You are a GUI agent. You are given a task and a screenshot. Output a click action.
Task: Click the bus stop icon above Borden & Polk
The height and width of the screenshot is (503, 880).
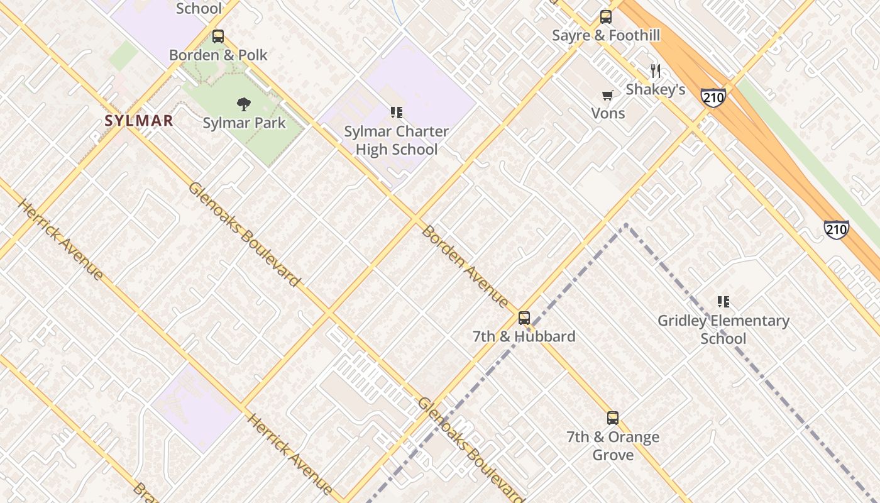(x=218, y=36)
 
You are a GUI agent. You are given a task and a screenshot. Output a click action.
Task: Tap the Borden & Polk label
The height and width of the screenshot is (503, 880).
(x=218, y=55)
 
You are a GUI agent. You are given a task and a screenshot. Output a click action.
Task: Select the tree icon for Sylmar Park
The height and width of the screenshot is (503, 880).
(x=244, y=104)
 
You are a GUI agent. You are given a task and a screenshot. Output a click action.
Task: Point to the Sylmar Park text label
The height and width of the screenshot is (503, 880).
(x=244, y=123)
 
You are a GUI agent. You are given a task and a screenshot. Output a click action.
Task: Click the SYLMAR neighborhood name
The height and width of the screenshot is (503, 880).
(x=139, y=121)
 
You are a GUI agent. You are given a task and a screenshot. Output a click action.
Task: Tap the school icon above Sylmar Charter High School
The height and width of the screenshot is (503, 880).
(x=396, y=113)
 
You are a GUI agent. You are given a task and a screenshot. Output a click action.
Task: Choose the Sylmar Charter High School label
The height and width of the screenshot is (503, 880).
(x=396, y=140)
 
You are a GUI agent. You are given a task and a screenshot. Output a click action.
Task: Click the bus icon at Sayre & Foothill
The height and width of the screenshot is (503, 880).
(x=606, y=17)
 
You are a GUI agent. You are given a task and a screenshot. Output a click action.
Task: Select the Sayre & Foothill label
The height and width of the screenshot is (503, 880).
(x=606, y=35)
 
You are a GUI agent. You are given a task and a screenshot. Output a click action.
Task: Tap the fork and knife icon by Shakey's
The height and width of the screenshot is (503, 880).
(x=656, y=71)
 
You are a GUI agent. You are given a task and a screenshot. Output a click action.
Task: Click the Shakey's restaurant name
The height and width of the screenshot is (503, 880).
(x=656, y=89)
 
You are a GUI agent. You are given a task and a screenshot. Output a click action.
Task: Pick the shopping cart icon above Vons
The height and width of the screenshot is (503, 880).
(x=608, y=95)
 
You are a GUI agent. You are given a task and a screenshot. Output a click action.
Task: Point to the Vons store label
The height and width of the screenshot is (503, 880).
(x=608, y=113)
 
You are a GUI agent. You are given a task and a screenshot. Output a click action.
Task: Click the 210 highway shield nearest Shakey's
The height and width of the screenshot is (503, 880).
(x=713, y=97)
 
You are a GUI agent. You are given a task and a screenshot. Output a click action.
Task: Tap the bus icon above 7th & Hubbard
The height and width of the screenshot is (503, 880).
(x=524, y=318)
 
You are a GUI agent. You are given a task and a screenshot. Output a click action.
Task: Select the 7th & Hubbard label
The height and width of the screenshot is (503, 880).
(x=524, y=336)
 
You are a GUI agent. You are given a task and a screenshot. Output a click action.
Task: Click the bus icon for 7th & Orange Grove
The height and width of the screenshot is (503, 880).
(x=613, y=418)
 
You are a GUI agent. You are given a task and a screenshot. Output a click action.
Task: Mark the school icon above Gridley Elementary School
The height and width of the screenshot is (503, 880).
(x=723, y=302)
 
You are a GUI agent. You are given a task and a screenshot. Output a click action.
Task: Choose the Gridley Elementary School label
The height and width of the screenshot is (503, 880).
(x=723, y=329)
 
